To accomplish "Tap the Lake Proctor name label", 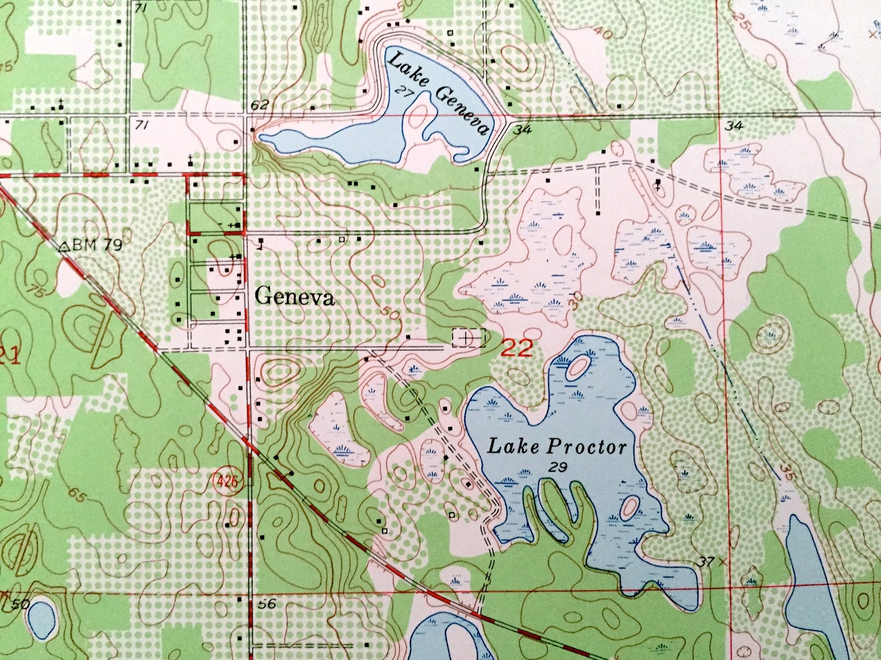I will tap(556, 447).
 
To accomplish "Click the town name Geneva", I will tap(295, 298).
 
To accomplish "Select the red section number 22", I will tap(517, 348).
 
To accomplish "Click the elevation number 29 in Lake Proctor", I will tap(558, 468).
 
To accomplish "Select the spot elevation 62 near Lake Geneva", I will tap(260, 105).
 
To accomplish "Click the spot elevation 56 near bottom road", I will tap(267, 603).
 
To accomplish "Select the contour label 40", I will tap(603, 33).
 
